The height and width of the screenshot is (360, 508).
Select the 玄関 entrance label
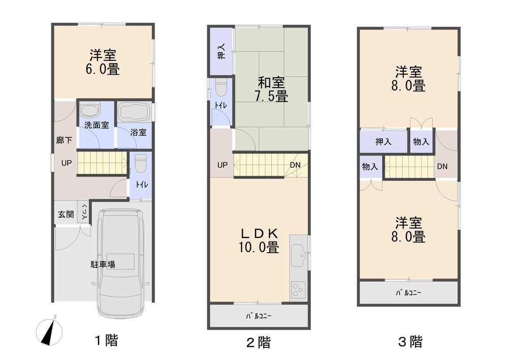tap(66, 215)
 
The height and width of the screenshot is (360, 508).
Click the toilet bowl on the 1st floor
tap(141, 163)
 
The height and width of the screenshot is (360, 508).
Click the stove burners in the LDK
tap(298, 290)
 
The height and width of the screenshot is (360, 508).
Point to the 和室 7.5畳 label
tap(271, 89)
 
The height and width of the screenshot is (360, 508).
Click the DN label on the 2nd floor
tap(295, 165)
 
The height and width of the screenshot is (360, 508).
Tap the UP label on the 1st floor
tap(67, 163)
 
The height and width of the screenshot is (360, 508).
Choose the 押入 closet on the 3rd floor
tap(384, 141)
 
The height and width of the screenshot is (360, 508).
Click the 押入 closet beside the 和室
tap(221, 51)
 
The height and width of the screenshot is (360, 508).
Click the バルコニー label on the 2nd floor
tap(259, 316)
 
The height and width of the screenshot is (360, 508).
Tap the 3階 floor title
tap(410, 342)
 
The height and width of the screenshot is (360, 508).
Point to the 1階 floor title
tap(107, 340)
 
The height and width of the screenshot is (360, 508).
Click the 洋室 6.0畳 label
tap(103, 62)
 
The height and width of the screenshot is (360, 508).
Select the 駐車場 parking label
tap(103, 264)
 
